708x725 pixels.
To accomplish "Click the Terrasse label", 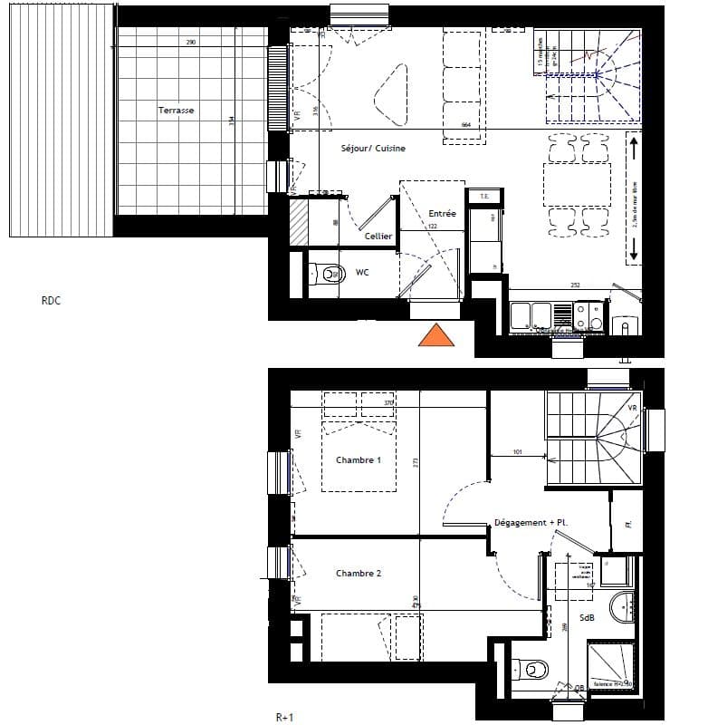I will click(176, 111).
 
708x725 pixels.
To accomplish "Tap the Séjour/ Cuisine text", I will click(373, 148).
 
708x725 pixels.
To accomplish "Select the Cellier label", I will click(378, 236).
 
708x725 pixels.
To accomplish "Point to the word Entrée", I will click(442, 214).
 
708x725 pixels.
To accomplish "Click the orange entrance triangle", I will click(435, 336).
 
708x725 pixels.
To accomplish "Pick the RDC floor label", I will click(52, 302).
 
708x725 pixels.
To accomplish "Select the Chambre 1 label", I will click(359, 460).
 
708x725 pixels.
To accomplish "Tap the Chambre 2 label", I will click(359, 574).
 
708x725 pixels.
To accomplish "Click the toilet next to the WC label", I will click(328, 272).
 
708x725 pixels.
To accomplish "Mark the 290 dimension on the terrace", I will click(191, 43).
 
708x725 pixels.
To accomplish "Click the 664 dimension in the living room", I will click(467, 125).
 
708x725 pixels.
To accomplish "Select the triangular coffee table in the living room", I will click(391, 95).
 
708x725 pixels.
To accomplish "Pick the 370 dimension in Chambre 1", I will click(388, 403).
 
